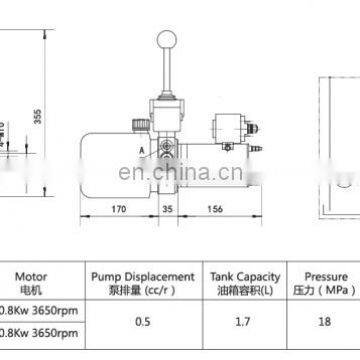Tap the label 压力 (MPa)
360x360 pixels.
click(326, 287)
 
